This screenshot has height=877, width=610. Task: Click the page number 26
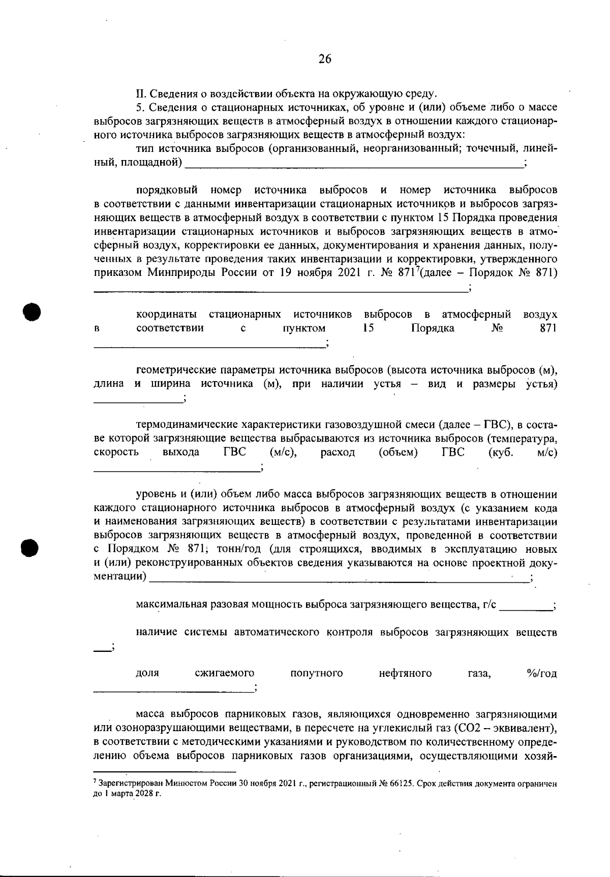coord(325,59)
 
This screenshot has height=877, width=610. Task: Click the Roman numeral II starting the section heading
coord(140,94)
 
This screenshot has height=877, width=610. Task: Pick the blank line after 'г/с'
coord(526,608)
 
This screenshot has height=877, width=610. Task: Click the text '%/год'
coord(542,674)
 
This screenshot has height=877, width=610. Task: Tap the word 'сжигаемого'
coord(224,674)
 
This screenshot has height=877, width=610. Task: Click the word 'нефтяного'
coord(405,674)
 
